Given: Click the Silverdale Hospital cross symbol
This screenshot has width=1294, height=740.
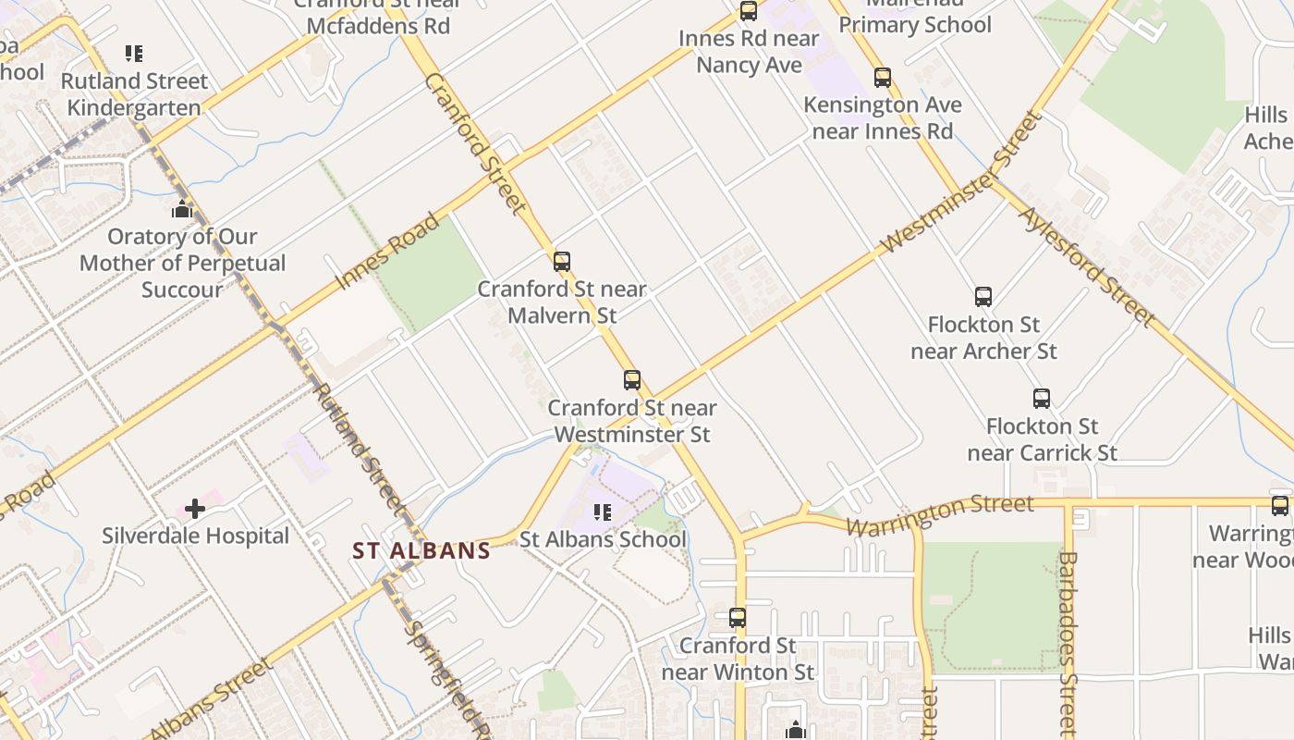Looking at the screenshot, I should [195, 508].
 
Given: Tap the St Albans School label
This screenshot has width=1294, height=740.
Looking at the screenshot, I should [603, 539].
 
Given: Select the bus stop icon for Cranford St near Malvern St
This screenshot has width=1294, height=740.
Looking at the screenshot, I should [562, 262].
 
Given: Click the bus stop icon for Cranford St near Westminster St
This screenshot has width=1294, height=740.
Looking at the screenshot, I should [632, 380].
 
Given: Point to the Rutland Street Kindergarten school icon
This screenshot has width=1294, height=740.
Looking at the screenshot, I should [135, 54].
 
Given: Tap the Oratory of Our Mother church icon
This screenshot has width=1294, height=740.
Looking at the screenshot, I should [182, 209].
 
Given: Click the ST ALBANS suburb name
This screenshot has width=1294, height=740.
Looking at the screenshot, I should [421, 551].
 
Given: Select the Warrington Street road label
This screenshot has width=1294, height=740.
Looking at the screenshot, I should [940, 515].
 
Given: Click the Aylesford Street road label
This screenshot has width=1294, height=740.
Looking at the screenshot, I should [1086, 266].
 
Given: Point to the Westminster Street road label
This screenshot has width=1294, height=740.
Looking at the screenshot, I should [961, 183].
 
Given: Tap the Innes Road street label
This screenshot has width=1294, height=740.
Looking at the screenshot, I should [387, 251].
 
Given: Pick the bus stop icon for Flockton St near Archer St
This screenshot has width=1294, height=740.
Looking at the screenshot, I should [983, 297].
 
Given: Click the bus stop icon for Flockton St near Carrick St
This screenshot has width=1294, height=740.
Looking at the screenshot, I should [1042, 399].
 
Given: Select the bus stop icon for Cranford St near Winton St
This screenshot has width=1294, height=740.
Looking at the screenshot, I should [738, 617].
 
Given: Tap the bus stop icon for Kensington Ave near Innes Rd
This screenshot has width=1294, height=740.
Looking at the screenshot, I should [883, 78].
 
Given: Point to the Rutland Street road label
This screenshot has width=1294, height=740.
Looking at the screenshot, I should [359, 448].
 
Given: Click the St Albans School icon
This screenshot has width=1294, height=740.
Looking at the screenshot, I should [603, 512].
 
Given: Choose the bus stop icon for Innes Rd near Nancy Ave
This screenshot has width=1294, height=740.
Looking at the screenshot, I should [749, 12].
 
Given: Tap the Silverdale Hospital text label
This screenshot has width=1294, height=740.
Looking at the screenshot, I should [195, 536].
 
